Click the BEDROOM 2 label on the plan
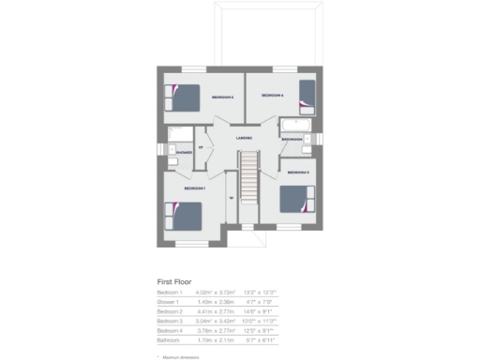click(222, 97)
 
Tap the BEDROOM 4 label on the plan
click(272, 96)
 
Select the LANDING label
click(244, 139)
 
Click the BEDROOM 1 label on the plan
click(195, 188)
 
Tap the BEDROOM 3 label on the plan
click(298, 173)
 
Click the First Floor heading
click(176, 281)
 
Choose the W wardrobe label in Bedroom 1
click(229, 198)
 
